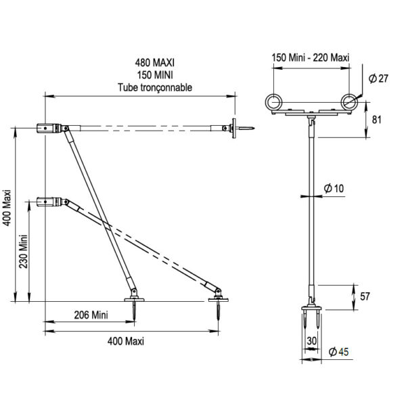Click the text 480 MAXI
tap(154, 63)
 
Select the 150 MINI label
tap(155, 75)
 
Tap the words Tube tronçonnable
tap(155, 87)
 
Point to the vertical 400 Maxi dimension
tap(7, 208)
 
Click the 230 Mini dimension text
tap(23, 252)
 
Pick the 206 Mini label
tap(91, 315)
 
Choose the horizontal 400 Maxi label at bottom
tap(126, 341)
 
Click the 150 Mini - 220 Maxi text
tap(311, 58)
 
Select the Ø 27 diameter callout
tap(378, 78)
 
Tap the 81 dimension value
tap(376, 120)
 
